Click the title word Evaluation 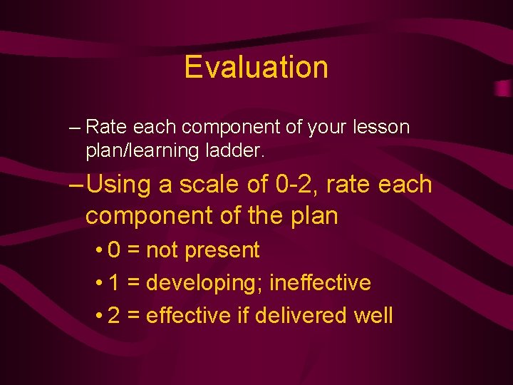point(256,67)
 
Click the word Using point(118,185)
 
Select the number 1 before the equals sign point(115,283)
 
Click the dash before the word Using point(78,185)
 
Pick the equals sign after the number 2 point(133,316)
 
